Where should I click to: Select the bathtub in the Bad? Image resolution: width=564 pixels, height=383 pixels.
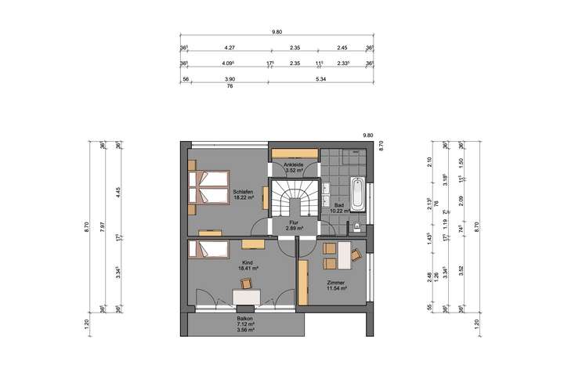click(x=357, y=194)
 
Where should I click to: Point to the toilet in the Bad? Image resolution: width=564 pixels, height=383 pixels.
click(x=358, y=227)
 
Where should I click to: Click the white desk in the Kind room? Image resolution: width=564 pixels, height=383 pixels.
click(x=246, y=294)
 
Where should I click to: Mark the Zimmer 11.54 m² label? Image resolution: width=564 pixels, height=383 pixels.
click(x=338, y=284)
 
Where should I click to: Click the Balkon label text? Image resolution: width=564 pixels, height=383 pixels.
click(x=245, y=319)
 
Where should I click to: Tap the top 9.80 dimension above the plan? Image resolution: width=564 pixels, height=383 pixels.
click(x=277, y=32)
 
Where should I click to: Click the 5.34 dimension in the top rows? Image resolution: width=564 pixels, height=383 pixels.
click(x=319, y=79)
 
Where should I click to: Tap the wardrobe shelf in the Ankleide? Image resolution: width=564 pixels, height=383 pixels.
click(x=295, y=151)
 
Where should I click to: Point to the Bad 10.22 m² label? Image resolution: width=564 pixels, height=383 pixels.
click(x=338, y=208)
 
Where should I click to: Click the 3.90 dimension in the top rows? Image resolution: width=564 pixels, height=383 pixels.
click(x=230, y=79)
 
